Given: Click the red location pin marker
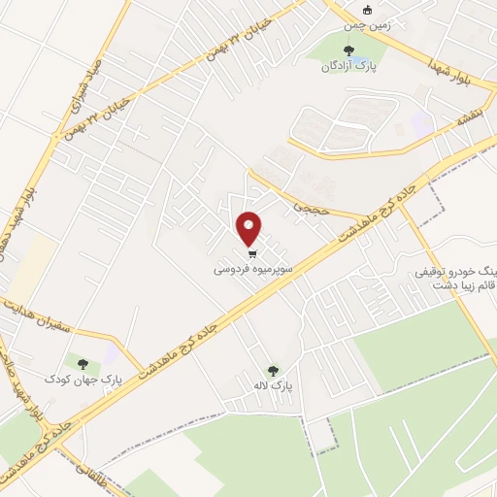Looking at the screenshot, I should pos(249,230).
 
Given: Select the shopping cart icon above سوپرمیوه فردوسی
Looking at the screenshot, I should pos(251,256).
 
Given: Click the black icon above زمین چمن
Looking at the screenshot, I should pos(367,11).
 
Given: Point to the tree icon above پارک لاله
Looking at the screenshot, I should pos(273,370).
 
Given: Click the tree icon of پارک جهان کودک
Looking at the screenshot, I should pos(83,362).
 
